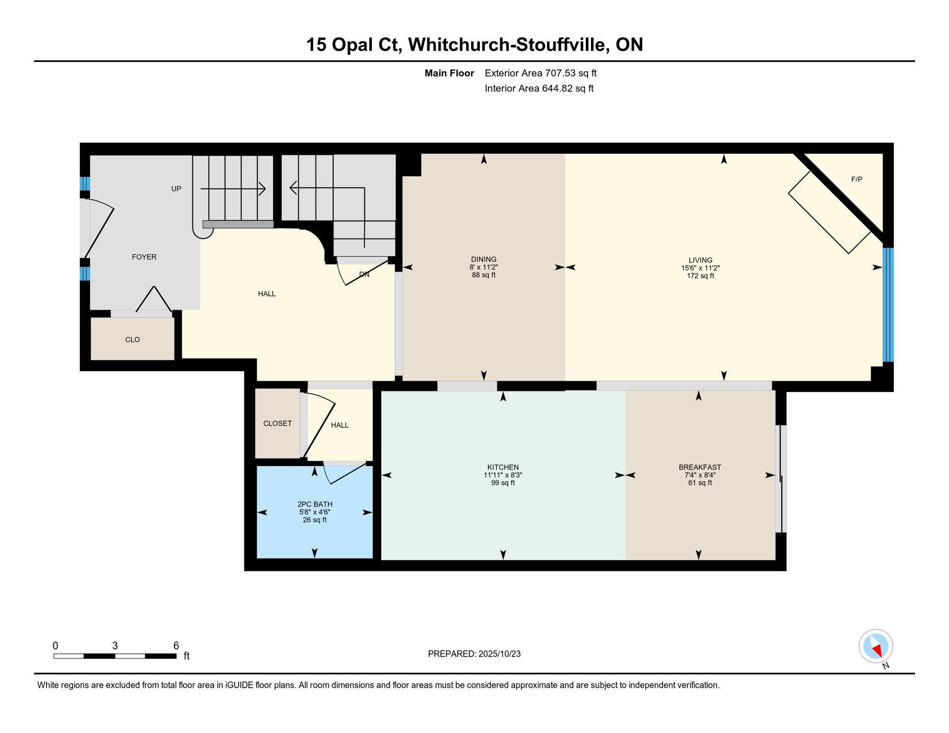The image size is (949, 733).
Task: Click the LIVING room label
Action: [700, 260]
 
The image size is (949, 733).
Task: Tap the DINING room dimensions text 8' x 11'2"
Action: [483, 268]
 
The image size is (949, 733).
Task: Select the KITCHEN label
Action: [503, 467]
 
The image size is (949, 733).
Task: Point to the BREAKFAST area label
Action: [699, 467]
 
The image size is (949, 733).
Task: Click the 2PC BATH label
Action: [315, 504]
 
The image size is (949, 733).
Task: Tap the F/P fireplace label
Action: [856, 179]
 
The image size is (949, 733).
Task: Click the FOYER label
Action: [144, 257]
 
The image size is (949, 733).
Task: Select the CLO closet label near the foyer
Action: [132, 340]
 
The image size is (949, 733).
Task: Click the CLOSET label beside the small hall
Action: [277, 423]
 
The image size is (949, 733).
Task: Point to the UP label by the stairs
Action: [176, 188]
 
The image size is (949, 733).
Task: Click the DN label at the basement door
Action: [364, 274]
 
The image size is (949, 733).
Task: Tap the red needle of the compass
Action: [877, 650]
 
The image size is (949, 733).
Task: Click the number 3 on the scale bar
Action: [115, 646]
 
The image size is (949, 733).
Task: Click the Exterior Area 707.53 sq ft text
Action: [540, 73]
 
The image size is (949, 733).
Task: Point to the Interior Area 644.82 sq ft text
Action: [539, 88]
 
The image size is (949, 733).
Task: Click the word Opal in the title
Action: [352, 44]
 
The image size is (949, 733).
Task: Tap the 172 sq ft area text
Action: [700, 276]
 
